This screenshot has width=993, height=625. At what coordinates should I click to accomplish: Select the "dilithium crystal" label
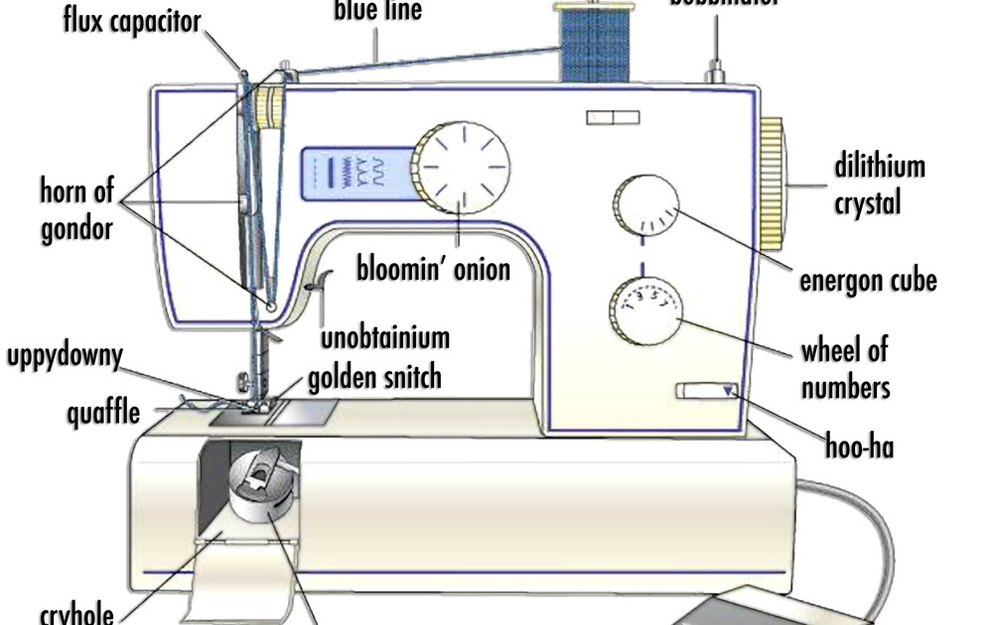pyautogui.click(x=879, y=185)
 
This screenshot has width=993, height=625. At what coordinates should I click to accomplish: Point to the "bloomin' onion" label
pyautogui.click(x=434, y=268)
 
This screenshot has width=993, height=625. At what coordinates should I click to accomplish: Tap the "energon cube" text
pyautogui.click(x=868, y=281)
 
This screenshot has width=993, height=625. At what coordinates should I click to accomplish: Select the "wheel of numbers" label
pyautogui.click(x=844, y=368)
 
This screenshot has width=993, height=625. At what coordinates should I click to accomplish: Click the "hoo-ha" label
pyautogui.click(x=860, y=446)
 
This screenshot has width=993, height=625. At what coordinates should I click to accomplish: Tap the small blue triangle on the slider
pyautogui.click(x=729, y=391)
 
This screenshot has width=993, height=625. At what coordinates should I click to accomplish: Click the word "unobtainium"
pyautogui.click(x=384, y=337)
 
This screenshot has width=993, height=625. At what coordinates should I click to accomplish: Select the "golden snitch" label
pyautogui.click(x=374, y=377)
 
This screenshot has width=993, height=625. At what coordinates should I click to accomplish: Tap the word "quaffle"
pyautogui.click(x=103, y=412)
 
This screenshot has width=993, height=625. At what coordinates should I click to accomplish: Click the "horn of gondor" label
pyautogui.click(x=76, y=209)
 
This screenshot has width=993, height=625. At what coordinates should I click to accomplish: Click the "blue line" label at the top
pyautogui.click(x=377, y=11)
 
